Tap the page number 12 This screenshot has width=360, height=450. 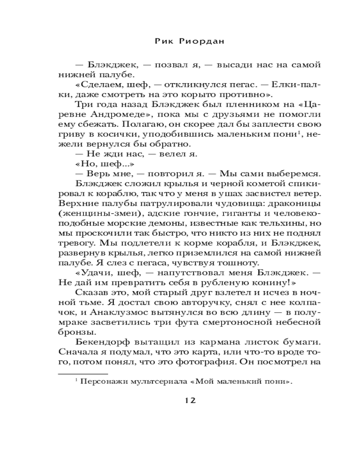[189, 401]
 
